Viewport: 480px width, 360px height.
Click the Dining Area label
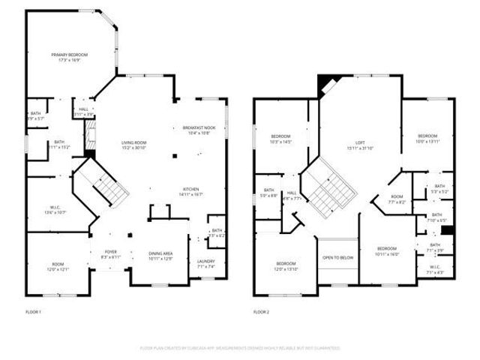coord(161,256)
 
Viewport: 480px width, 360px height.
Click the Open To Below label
coord(337,257)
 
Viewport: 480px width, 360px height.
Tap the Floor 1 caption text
coord(32,310)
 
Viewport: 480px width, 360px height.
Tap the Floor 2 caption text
coord(260,310)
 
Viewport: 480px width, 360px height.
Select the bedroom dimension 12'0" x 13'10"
coord(286,268)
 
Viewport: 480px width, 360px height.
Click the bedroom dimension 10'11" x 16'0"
coord(386,253)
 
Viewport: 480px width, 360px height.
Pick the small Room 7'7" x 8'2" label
coord(397,199)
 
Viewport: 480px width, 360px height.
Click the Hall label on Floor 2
coord(292,195)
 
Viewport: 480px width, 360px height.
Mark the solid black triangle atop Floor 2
coord(325,83)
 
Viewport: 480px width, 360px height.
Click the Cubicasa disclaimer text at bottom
coord(240,348)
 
